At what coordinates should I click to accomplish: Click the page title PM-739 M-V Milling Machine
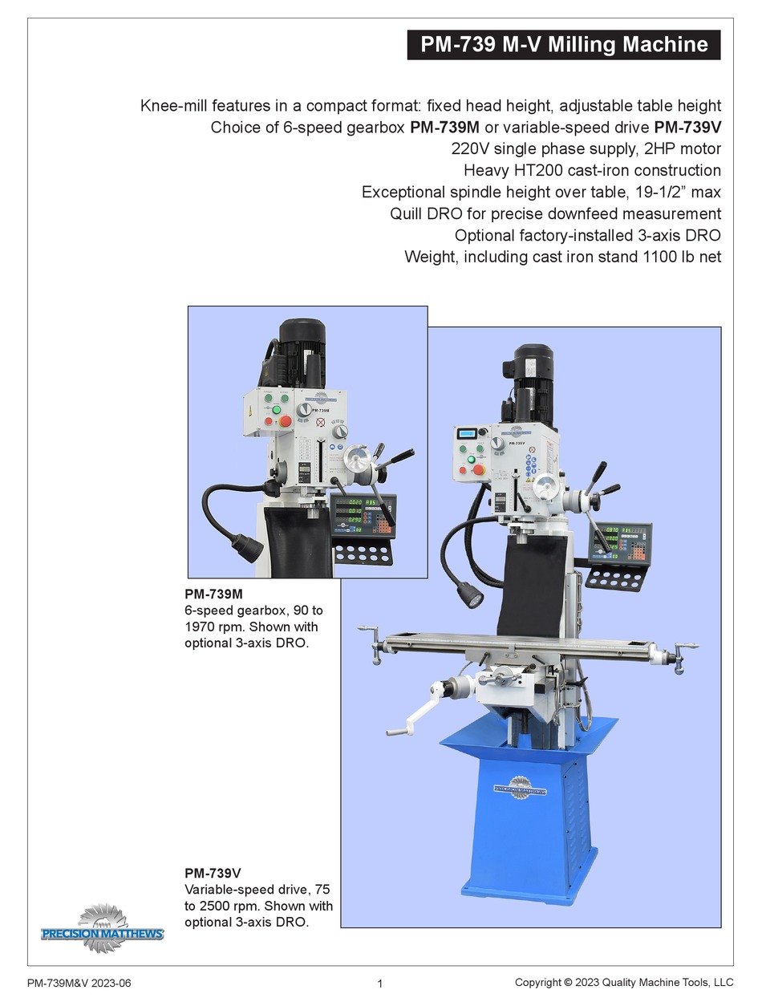564,45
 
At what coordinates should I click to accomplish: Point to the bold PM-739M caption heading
213,594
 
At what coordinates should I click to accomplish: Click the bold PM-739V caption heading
213,874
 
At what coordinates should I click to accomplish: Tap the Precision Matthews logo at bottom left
103,929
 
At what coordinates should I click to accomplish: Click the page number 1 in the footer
380,984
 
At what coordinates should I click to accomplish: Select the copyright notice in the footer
624,983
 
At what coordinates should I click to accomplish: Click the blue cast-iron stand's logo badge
520,790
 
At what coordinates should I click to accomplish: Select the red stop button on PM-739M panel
284,421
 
